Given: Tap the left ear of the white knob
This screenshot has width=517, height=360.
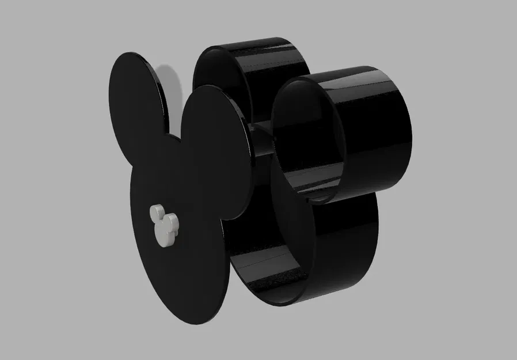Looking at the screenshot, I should pyautogui.click(x=155, y=213).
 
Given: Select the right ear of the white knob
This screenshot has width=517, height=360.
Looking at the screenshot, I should pyautogui.click(x=172, y=219).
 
